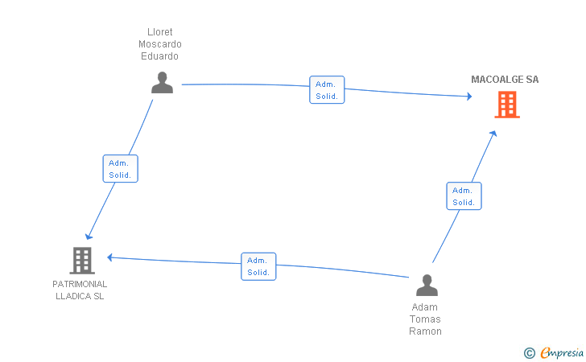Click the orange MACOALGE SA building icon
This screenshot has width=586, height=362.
pyautogui.click(x=507, y=105)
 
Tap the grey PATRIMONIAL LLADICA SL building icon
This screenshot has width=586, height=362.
pyautogui.click(x=82, y=261)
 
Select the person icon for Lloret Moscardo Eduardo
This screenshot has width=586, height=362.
pyautogui.click(x=163, y=83)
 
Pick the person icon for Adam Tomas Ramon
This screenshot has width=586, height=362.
pyautogui.click(x=427, y=286)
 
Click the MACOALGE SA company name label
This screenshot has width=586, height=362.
pyautogui.click(x=505, y=80)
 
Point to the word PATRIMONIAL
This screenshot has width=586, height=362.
pyautogui.click(x=80, y=284)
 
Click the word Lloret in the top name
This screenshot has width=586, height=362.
pyautogui.click(x=160, y=31)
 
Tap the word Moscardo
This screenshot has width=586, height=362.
pyautogui.click(x=160, y=44)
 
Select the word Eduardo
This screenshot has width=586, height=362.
pyautogui.click(x=159, y=56)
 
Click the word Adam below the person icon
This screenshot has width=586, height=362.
pyautogui.click(x=424, y=307)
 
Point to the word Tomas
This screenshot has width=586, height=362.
pyautogui.click(x=425, y=319)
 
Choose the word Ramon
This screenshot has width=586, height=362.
pyautogui.click(x=425, y=331)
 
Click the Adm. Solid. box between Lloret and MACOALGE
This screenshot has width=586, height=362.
pyautogui.click(x=327, y=89)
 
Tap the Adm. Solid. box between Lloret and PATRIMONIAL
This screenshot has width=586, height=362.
pyautogui.click(x=121, y=168)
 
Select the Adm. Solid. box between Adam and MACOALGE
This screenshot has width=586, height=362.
pyautogui.click(x=464, y=196)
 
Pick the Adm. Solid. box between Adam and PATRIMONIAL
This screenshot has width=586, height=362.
pyautogui.click(x=258, y=266)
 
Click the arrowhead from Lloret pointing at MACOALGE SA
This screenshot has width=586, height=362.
pyautogui.click(x=470, y=97)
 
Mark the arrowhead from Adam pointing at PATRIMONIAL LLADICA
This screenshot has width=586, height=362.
pyautogui.click(x=109, y=257)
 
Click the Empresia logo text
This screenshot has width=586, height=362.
pyautogui.click(x=562, y=352)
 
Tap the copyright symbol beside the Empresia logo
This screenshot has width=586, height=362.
pyautogui.click(x=530, y=353)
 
